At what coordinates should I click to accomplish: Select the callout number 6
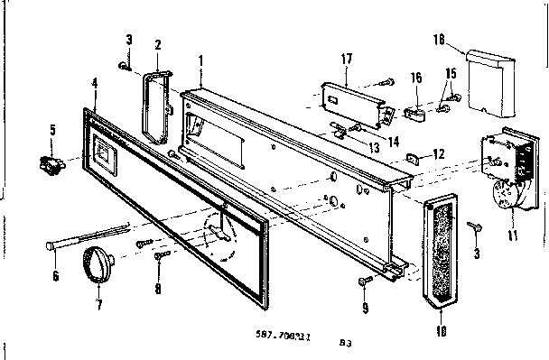[55, 276]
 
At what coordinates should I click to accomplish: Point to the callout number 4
[95, 83]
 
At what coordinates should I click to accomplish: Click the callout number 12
[439, 155]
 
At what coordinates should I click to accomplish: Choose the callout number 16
[417, 79]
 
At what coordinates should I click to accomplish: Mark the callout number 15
[451, 72]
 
